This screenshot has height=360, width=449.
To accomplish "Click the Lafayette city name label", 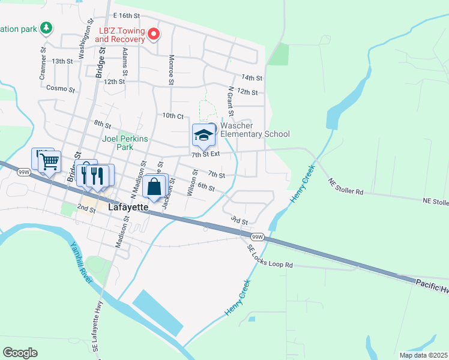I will tap(128, 207).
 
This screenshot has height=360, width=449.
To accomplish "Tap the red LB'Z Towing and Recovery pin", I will tap(154, 34).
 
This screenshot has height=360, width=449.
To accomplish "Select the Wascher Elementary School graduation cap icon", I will tap(203, 135).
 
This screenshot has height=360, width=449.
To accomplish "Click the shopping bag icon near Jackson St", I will tap(154, 187).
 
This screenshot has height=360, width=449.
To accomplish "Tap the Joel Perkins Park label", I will tap(117, 142).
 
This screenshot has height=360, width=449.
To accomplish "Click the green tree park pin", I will tap(46, 28).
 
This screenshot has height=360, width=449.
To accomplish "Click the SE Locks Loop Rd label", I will tap(270, 256).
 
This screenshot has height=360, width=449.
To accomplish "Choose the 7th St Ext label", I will tap(206, 154).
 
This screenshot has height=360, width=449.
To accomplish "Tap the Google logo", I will tap(20, 353).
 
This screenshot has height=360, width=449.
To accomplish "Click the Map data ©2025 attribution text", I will tap(423, 355).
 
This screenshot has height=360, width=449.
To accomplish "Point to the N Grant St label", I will tap(230, 101).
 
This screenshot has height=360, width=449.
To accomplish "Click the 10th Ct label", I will tap(172, 115).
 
